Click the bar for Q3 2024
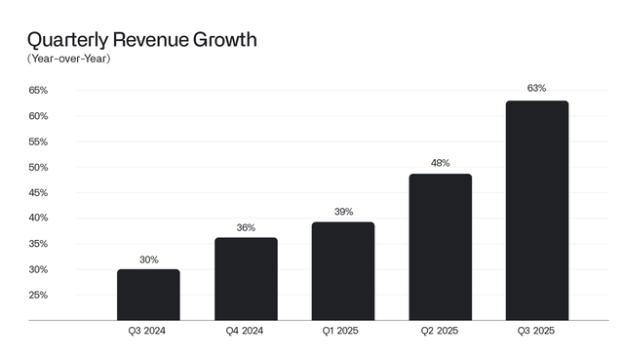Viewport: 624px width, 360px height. [148, 295]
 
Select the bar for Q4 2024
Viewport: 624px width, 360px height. [246, 279]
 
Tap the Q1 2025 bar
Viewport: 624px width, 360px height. [343, 271]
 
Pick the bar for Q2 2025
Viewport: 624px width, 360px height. [440, 247]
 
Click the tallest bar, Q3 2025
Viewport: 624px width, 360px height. [537, 210]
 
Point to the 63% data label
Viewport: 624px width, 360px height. [537, 89]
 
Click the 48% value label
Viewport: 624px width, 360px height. [440, 163]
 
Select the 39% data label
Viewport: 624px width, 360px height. [343, 211]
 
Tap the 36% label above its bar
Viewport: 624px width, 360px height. [246, 227]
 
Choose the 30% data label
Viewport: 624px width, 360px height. [148, 260]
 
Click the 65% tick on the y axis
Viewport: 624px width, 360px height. [38, 91]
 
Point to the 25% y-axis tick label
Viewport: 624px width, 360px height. [38, 295]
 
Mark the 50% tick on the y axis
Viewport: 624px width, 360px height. [38, 167]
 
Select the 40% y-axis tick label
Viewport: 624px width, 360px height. [38, 219]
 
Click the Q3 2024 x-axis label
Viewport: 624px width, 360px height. [148, 332]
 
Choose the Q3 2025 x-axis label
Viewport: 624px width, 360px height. [537, 332]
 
